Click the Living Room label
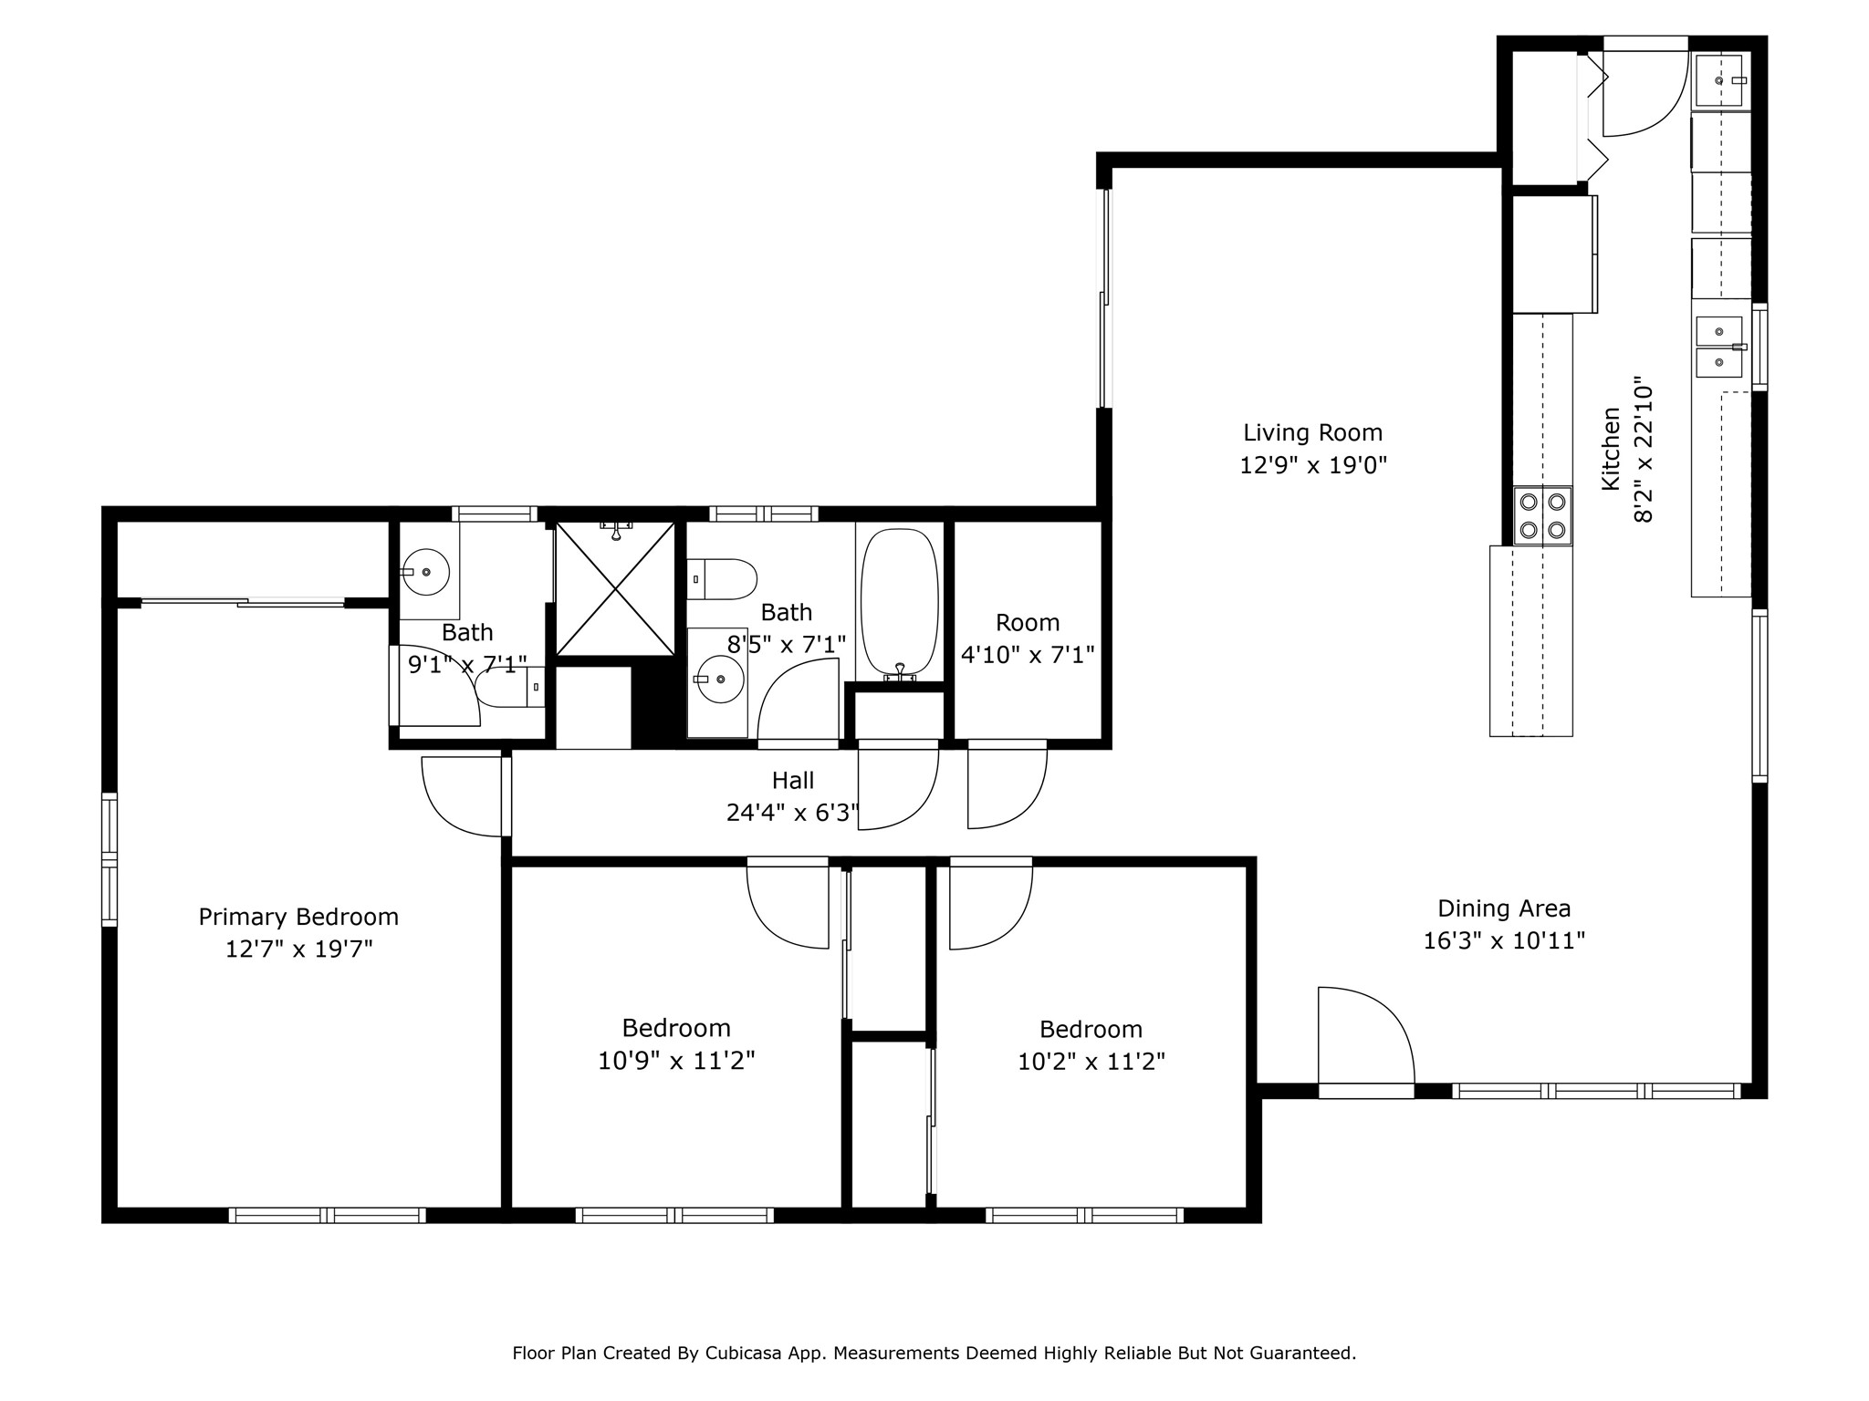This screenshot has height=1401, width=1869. (1312, 433)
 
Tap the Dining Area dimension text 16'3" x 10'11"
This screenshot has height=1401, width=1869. (1504, 940)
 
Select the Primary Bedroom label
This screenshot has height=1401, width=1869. (298, 918)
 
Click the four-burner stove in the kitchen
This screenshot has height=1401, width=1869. (1542, 515)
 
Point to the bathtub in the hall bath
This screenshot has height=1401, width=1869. (899, 602)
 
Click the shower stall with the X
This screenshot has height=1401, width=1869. (615, 588)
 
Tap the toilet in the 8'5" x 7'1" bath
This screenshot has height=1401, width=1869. (722, 579)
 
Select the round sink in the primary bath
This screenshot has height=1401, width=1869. (425, 572)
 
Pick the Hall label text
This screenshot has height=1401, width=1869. (793, 781)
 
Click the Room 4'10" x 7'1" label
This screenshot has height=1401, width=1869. (1028, 638)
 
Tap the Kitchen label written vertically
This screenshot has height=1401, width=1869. (1611, 449)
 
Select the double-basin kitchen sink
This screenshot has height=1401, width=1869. (1719, 347)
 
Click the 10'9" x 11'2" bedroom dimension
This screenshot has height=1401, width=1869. (676, 1061)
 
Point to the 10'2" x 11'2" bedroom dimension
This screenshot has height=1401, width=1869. (1091, 1062)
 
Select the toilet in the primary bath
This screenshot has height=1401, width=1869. (510, 687)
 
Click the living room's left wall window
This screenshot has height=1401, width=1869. (1104, 298)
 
